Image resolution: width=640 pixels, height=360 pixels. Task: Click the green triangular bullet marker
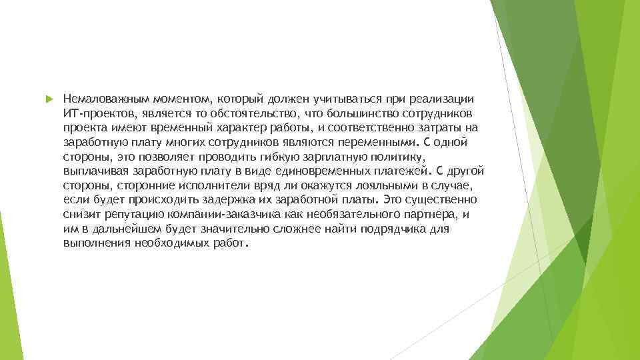pyautogui.click(x=47, y=99)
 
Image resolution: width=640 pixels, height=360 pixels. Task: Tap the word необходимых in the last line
pyautogui.click(x=175, y=243)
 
